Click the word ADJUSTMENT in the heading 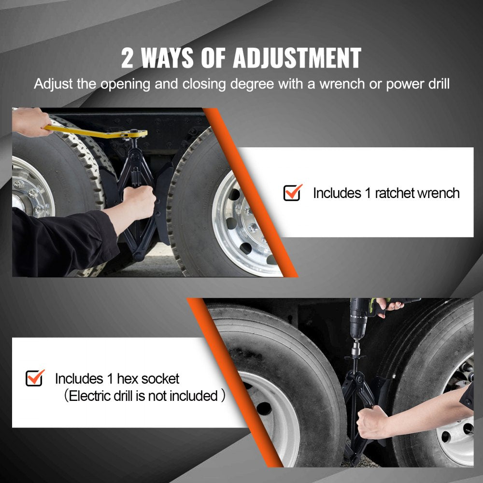tap(297, 58)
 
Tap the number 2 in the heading tap(128, 58)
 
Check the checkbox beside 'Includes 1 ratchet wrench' tap(292, 193)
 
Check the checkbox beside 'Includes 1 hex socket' tap(34, 378)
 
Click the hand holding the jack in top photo tap(139, 201)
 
